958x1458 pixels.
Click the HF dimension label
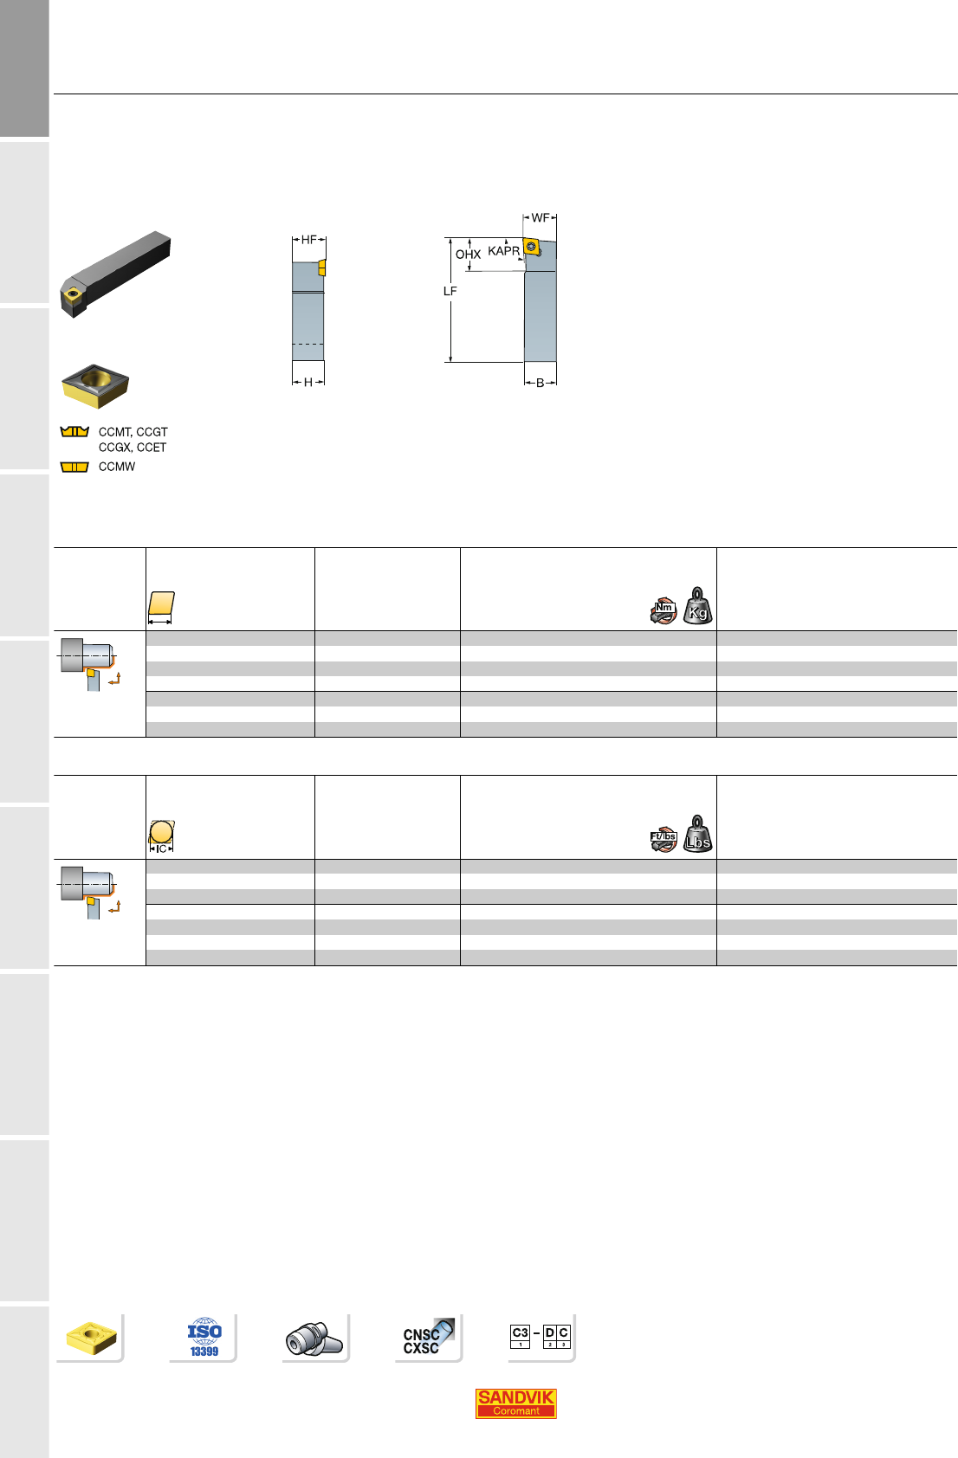pyautogui.click(x=308, y=240)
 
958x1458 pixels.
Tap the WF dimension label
pyautogui.click(x=540, y=217)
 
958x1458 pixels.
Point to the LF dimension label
pyautogui.click(x=450, y=291)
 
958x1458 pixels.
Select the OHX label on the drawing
pyautogui.click(x=468, y=254)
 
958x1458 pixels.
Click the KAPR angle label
pyautogui.click(x=503, y=250)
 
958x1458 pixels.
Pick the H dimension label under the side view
pyautogui.click(x=308, y=382)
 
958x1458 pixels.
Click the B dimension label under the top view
pyautogui.click(x=540, y=383)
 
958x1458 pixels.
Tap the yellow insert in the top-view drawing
pyautogui.click(x=532, y=247)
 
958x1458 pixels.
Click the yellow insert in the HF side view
pyautogui.click(x=321, y=268)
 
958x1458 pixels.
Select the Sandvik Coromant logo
pyautogui.click(x=515, y=1403)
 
